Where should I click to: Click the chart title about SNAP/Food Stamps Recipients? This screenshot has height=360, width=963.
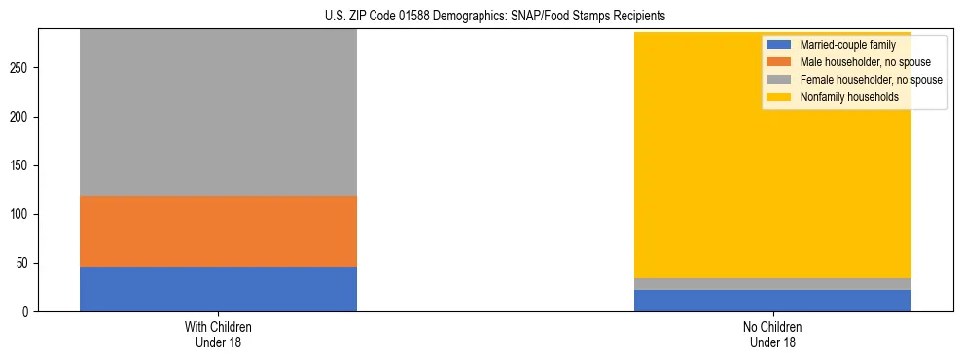point(495,17)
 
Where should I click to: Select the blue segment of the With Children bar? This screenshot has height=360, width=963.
point(218,289)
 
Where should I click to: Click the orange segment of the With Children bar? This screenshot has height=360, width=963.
point(218,231)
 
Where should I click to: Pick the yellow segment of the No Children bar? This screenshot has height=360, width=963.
point(772,156)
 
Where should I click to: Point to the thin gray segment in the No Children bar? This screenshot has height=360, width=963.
point(772,284)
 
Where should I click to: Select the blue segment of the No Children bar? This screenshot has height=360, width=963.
point(772,301)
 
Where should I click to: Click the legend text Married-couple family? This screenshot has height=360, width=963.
point(847,45)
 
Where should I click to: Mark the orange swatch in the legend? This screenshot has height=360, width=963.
point(780,62)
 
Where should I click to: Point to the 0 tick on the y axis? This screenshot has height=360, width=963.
point(27,311)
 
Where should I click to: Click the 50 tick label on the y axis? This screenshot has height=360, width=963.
point(24,263)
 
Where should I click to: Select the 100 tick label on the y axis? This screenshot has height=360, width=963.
point(21,214)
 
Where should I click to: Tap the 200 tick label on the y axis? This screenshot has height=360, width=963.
point(21,117)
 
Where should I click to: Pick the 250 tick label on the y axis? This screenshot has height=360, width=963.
point(21,68)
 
